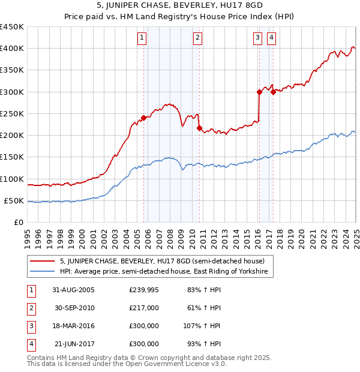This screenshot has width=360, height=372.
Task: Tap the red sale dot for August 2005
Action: pos(144,118)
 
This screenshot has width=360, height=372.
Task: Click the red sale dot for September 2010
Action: pos(199,128)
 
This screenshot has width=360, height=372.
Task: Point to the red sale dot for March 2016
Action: pos(259,92)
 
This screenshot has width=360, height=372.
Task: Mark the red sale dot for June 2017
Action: pos(273,92)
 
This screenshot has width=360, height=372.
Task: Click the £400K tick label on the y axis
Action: pos(12,49)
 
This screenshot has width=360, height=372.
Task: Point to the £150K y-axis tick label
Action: pos(12,157)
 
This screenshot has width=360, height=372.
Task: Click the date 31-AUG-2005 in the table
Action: pos(74,290)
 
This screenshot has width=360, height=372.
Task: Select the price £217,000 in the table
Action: pos(144,308)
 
